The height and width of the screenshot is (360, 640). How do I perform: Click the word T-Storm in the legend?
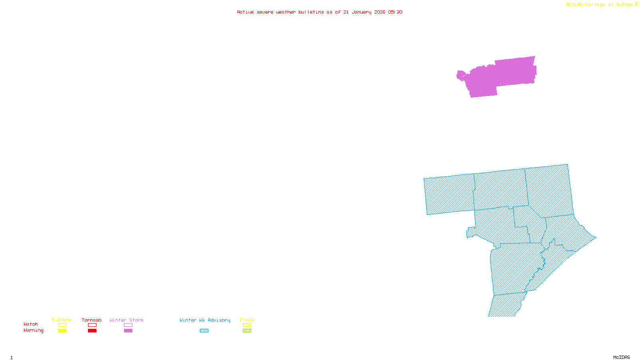coord(62,320)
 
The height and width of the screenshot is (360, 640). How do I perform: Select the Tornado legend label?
coord(92,320)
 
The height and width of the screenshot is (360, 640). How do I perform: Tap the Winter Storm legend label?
coord(126,320)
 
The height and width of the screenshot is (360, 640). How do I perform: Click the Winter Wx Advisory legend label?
coord(205,320)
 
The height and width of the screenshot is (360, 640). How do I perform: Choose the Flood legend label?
coord(247,320)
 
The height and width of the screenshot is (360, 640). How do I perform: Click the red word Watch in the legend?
coord(31,324)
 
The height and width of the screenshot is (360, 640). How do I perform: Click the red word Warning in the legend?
coord(33,330)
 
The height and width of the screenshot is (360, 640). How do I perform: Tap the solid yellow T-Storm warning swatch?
coord(62,331)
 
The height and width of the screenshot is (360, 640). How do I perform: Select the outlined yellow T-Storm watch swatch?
coord(62,325)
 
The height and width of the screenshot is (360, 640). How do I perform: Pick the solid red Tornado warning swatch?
coord(92,331)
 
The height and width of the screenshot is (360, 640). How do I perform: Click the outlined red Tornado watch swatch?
coord(92,325)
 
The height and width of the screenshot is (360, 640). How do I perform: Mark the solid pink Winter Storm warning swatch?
coord(128,331)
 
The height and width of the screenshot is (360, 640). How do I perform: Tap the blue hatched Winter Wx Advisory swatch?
coord(204,331)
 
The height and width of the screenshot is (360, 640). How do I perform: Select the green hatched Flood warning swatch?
coord(247,331)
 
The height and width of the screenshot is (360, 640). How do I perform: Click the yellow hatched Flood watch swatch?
coord(247,325)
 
